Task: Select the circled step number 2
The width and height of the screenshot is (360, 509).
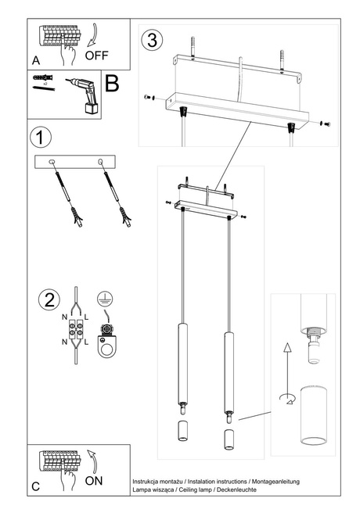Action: (x=49, y=299)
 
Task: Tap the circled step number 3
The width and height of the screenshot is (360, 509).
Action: (x=151, y=38)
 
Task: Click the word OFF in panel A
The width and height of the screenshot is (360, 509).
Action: (x=96, y=56)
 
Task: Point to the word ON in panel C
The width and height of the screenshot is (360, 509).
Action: (x=93, y=482)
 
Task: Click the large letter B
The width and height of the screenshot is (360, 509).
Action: (x=112, y=84)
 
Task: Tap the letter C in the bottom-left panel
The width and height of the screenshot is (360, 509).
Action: (x=36, y=486)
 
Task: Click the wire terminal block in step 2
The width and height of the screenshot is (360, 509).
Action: (x=77, y=330)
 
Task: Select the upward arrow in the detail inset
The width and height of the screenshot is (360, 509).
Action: (x=287, y=353)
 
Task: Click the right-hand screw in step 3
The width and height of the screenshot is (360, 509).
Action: (x=326, y=124)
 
